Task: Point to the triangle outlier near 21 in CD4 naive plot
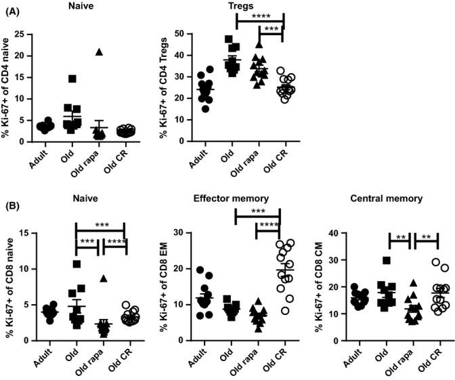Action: pos(100,51)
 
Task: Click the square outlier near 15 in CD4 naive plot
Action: pos(71,79)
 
